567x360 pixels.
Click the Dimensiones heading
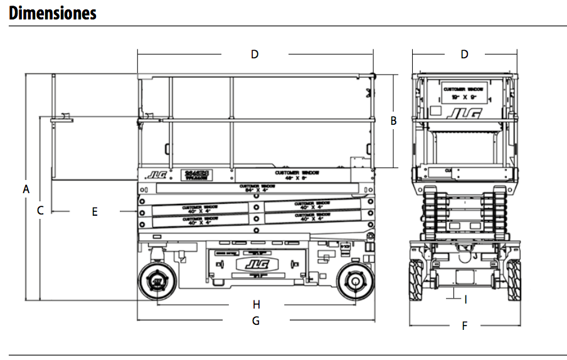(53, 13)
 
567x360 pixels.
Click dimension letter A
(26, 188)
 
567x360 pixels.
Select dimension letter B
(393, 121)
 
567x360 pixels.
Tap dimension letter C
(40, 211)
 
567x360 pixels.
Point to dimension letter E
(95, 212)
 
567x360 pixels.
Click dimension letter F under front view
(464, 326)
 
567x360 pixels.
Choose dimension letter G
(255, 320)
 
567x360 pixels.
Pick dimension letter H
(256, 305)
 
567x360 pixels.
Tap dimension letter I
(465, 300)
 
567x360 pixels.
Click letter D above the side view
(255, 55)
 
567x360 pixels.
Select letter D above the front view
(464, 55)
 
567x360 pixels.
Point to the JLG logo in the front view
(464, 114)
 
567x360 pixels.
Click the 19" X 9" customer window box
(464, 93)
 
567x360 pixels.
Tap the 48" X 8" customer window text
(297, 175)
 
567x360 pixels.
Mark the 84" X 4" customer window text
(257, 189)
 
